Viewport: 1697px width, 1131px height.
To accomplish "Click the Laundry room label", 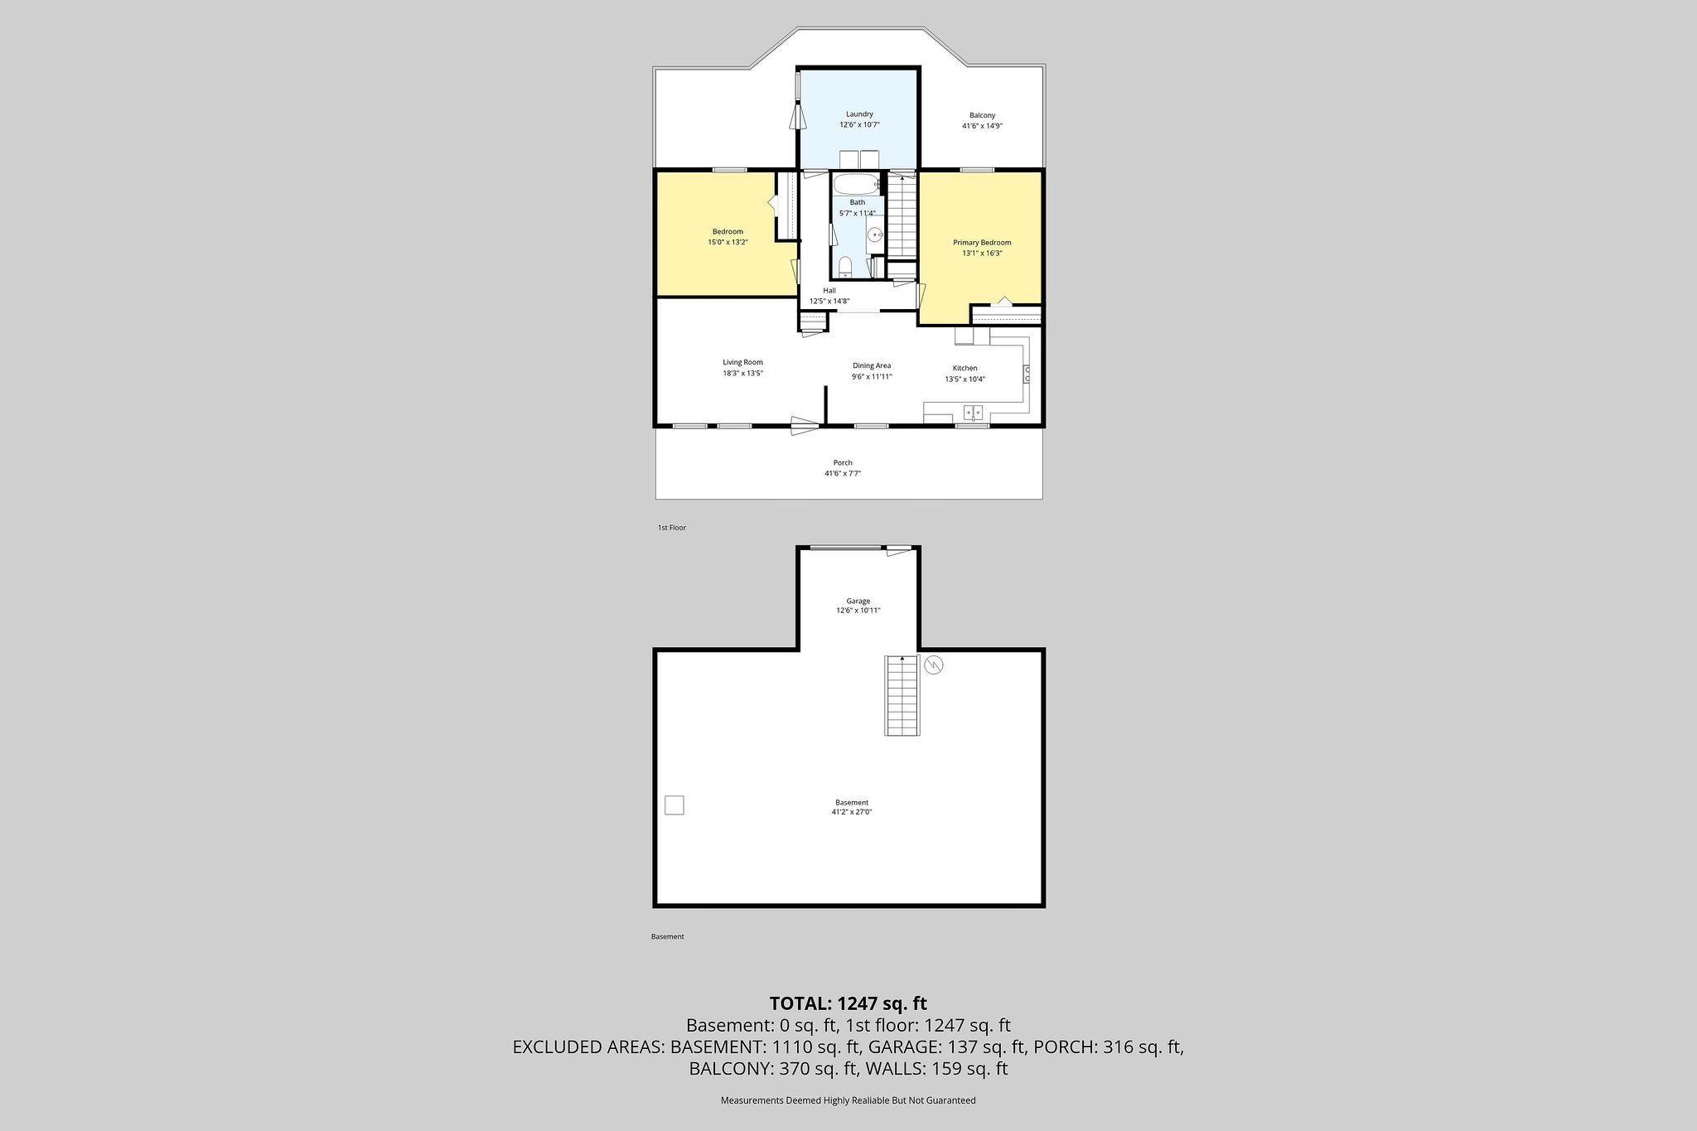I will [x=859, y=114].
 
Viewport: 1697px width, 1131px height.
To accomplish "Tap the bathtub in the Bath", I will [x=857, y=184].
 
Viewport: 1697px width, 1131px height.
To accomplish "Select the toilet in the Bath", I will [x=845, y=266].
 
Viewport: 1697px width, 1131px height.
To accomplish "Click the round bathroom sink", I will [x=876, y=237].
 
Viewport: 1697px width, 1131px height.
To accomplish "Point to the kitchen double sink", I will [x=973, y=411].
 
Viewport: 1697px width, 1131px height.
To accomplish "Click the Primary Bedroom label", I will [x=982, y=243].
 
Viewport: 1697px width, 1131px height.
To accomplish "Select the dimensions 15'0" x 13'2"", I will [x=728, y=243].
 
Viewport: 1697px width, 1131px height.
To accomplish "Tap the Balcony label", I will [x=982, y=115].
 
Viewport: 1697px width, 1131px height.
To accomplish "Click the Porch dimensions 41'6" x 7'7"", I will [x=842, y=474].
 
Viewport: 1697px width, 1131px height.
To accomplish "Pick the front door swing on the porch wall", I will [x=803, y=427].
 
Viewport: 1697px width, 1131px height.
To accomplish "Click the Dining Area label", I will [x=872, y=365].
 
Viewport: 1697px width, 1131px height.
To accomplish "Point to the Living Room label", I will [x=742, y=362].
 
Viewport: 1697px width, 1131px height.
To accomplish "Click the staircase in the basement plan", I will [x=902, y=695].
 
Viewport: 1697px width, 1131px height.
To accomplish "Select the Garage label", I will [x=858, y=601].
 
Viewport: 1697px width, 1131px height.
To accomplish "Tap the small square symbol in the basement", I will [x=674, y=805].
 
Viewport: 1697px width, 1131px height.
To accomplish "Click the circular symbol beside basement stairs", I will [x=934, y=665].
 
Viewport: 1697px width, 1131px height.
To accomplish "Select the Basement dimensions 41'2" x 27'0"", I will [x=852, y=813].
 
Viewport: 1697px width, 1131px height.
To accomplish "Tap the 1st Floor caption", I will [x=671, y=528].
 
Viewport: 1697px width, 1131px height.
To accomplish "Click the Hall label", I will [x=829, y=291].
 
